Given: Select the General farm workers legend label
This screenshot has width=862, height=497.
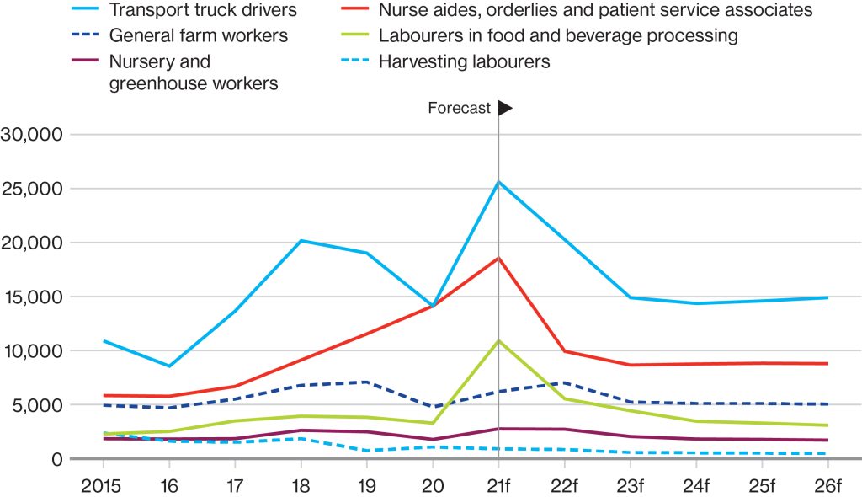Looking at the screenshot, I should click(198, 35).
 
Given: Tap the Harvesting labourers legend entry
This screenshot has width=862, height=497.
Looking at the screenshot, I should click(464, 61).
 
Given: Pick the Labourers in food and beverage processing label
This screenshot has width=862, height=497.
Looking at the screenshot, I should click(558, 35).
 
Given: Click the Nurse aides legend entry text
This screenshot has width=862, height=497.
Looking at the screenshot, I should click(595, 10).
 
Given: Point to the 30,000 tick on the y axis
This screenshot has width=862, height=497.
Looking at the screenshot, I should click(34, 135).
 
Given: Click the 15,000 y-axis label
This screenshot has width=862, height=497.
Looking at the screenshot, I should click(34, 297).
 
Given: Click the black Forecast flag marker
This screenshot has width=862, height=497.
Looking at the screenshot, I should click(504, 108).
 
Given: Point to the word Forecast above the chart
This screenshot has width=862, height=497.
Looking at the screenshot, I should click(459, 108).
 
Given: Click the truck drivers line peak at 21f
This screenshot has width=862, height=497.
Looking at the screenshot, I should click(498, 182).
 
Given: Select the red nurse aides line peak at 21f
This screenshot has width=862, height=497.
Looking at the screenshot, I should click(498, 258).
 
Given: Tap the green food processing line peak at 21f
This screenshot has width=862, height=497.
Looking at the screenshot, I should click(498, 340).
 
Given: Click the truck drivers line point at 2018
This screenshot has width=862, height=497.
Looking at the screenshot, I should click(301, 241).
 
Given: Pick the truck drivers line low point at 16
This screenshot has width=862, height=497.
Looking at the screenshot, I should click(169, 366).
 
